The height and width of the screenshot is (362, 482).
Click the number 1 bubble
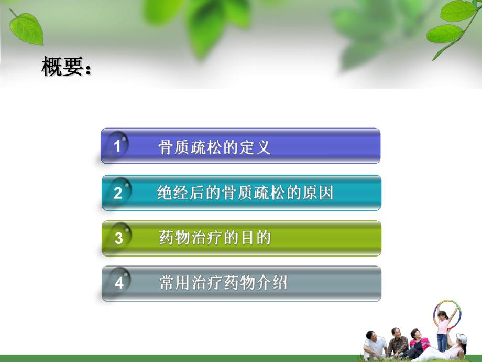pyautogui.click(x=118, y=145)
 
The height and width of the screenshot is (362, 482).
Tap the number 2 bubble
pyautogui.click(x=118, y=193)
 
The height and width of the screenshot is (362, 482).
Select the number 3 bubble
pyautogui.click(x=119, y=238)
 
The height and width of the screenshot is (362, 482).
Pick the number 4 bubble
pyautogui.click(x=119, y=283)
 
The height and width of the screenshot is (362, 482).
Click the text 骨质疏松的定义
pyautogui.click(x=214, y=147)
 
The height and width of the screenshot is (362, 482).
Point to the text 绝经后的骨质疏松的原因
pyautogui.click(x=245, y=193)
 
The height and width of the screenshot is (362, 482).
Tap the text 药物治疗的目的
pyautogui.click(x=214, y=239)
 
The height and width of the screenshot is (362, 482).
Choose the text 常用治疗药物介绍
pyautogui.click(x=223, y=284)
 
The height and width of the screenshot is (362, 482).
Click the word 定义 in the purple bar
pyautogui.click(x=259, y=147)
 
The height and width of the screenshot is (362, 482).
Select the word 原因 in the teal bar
pyautogui.click(x=321, y=193)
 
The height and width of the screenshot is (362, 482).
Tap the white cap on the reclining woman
pyautogui.click(x=462, y=338)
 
